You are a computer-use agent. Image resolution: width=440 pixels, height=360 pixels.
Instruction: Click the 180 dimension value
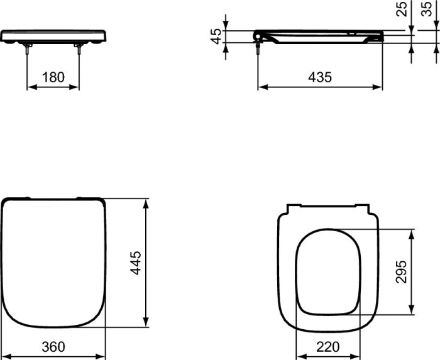[53, 77]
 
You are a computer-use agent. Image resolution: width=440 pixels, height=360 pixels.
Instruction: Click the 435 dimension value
[320, 77]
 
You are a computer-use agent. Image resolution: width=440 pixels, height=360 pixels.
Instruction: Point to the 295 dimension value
[403, 271]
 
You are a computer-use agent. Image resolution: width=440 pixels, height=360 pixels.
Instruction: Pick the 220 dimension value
[327, 347]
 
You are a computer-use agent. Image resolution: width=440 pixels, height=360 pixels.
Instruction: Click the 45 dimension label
[216, 36]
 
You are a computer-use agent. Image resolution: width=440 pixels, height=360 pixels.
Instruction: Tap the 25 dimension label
[402, 9]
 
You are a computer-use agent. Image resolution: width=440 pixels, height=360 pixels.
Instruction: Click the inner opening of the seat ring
[327, 270]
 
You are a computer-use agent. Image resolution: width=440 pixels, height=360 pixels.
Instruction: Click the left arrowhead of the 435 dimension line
[260, 87]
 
